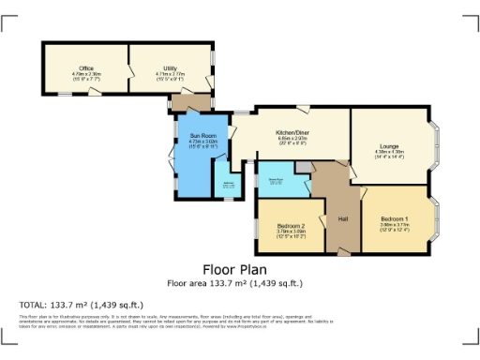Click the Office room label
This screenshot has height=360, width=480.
click(x=85, y=68)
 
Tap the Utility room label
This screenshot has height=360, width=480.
click(x=170, y=68)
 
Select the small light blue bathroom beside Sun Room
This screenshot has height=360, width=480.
click(x=228, y=184)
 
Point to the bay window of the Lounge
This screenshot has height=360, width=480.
click(x=437, y=148)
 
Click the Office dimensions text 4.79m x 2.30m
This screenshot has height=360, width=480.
click(x=85, y=73)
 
